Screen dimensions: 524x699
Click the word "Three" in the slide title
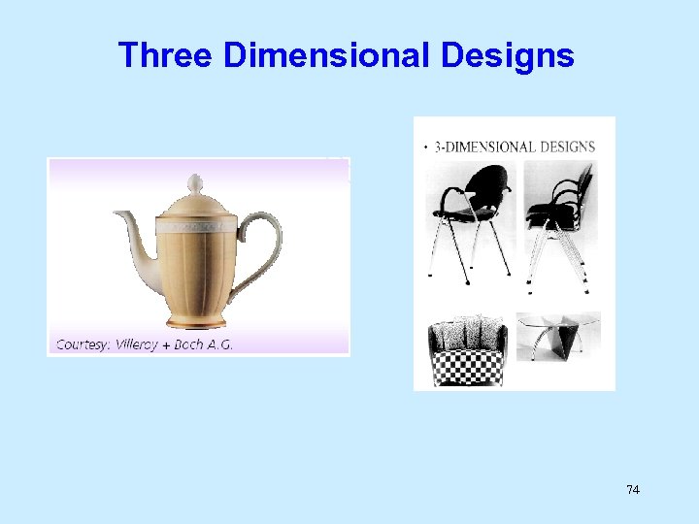coord(165,55)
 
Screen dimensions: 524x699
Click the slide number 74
coord(633,490)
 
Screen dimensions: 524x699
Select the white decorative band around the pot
coord(197,226)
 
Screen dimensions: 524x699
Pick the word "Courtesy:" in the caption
coord(83,344)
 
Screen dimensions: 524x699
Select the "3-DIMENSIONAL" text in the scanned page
coord(484,147)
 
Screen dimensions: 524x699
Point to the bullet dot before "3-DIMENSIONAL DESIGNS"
coord(426,147)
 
